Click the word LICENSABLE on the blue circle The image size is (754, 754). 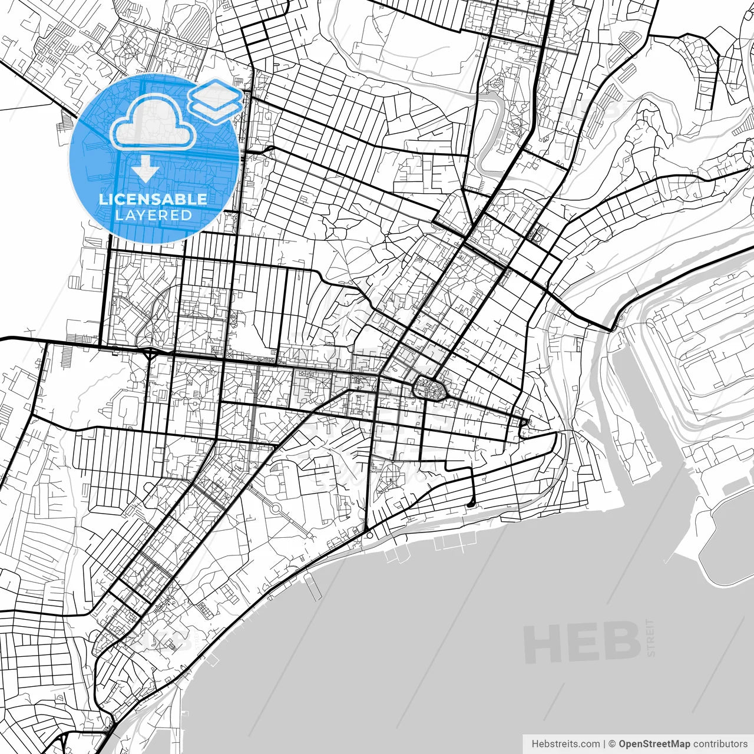coord(153,199)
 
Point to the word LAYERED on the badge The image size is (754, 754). coord(153,215)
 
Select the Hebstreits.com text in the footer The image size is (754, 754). coord(565,744)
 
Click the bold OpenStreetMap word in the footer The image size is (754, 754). coord(654,744)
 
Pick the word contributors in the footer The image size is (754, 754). coord(720,744)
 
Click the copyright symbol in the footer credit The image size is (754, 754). coord(612,744)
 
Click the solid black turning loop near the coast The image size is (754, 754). coord(470,504)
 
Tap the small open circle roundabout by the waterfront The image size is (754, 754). coord(367,535)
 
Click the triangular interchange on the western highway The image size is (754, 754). coord(152,353)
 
